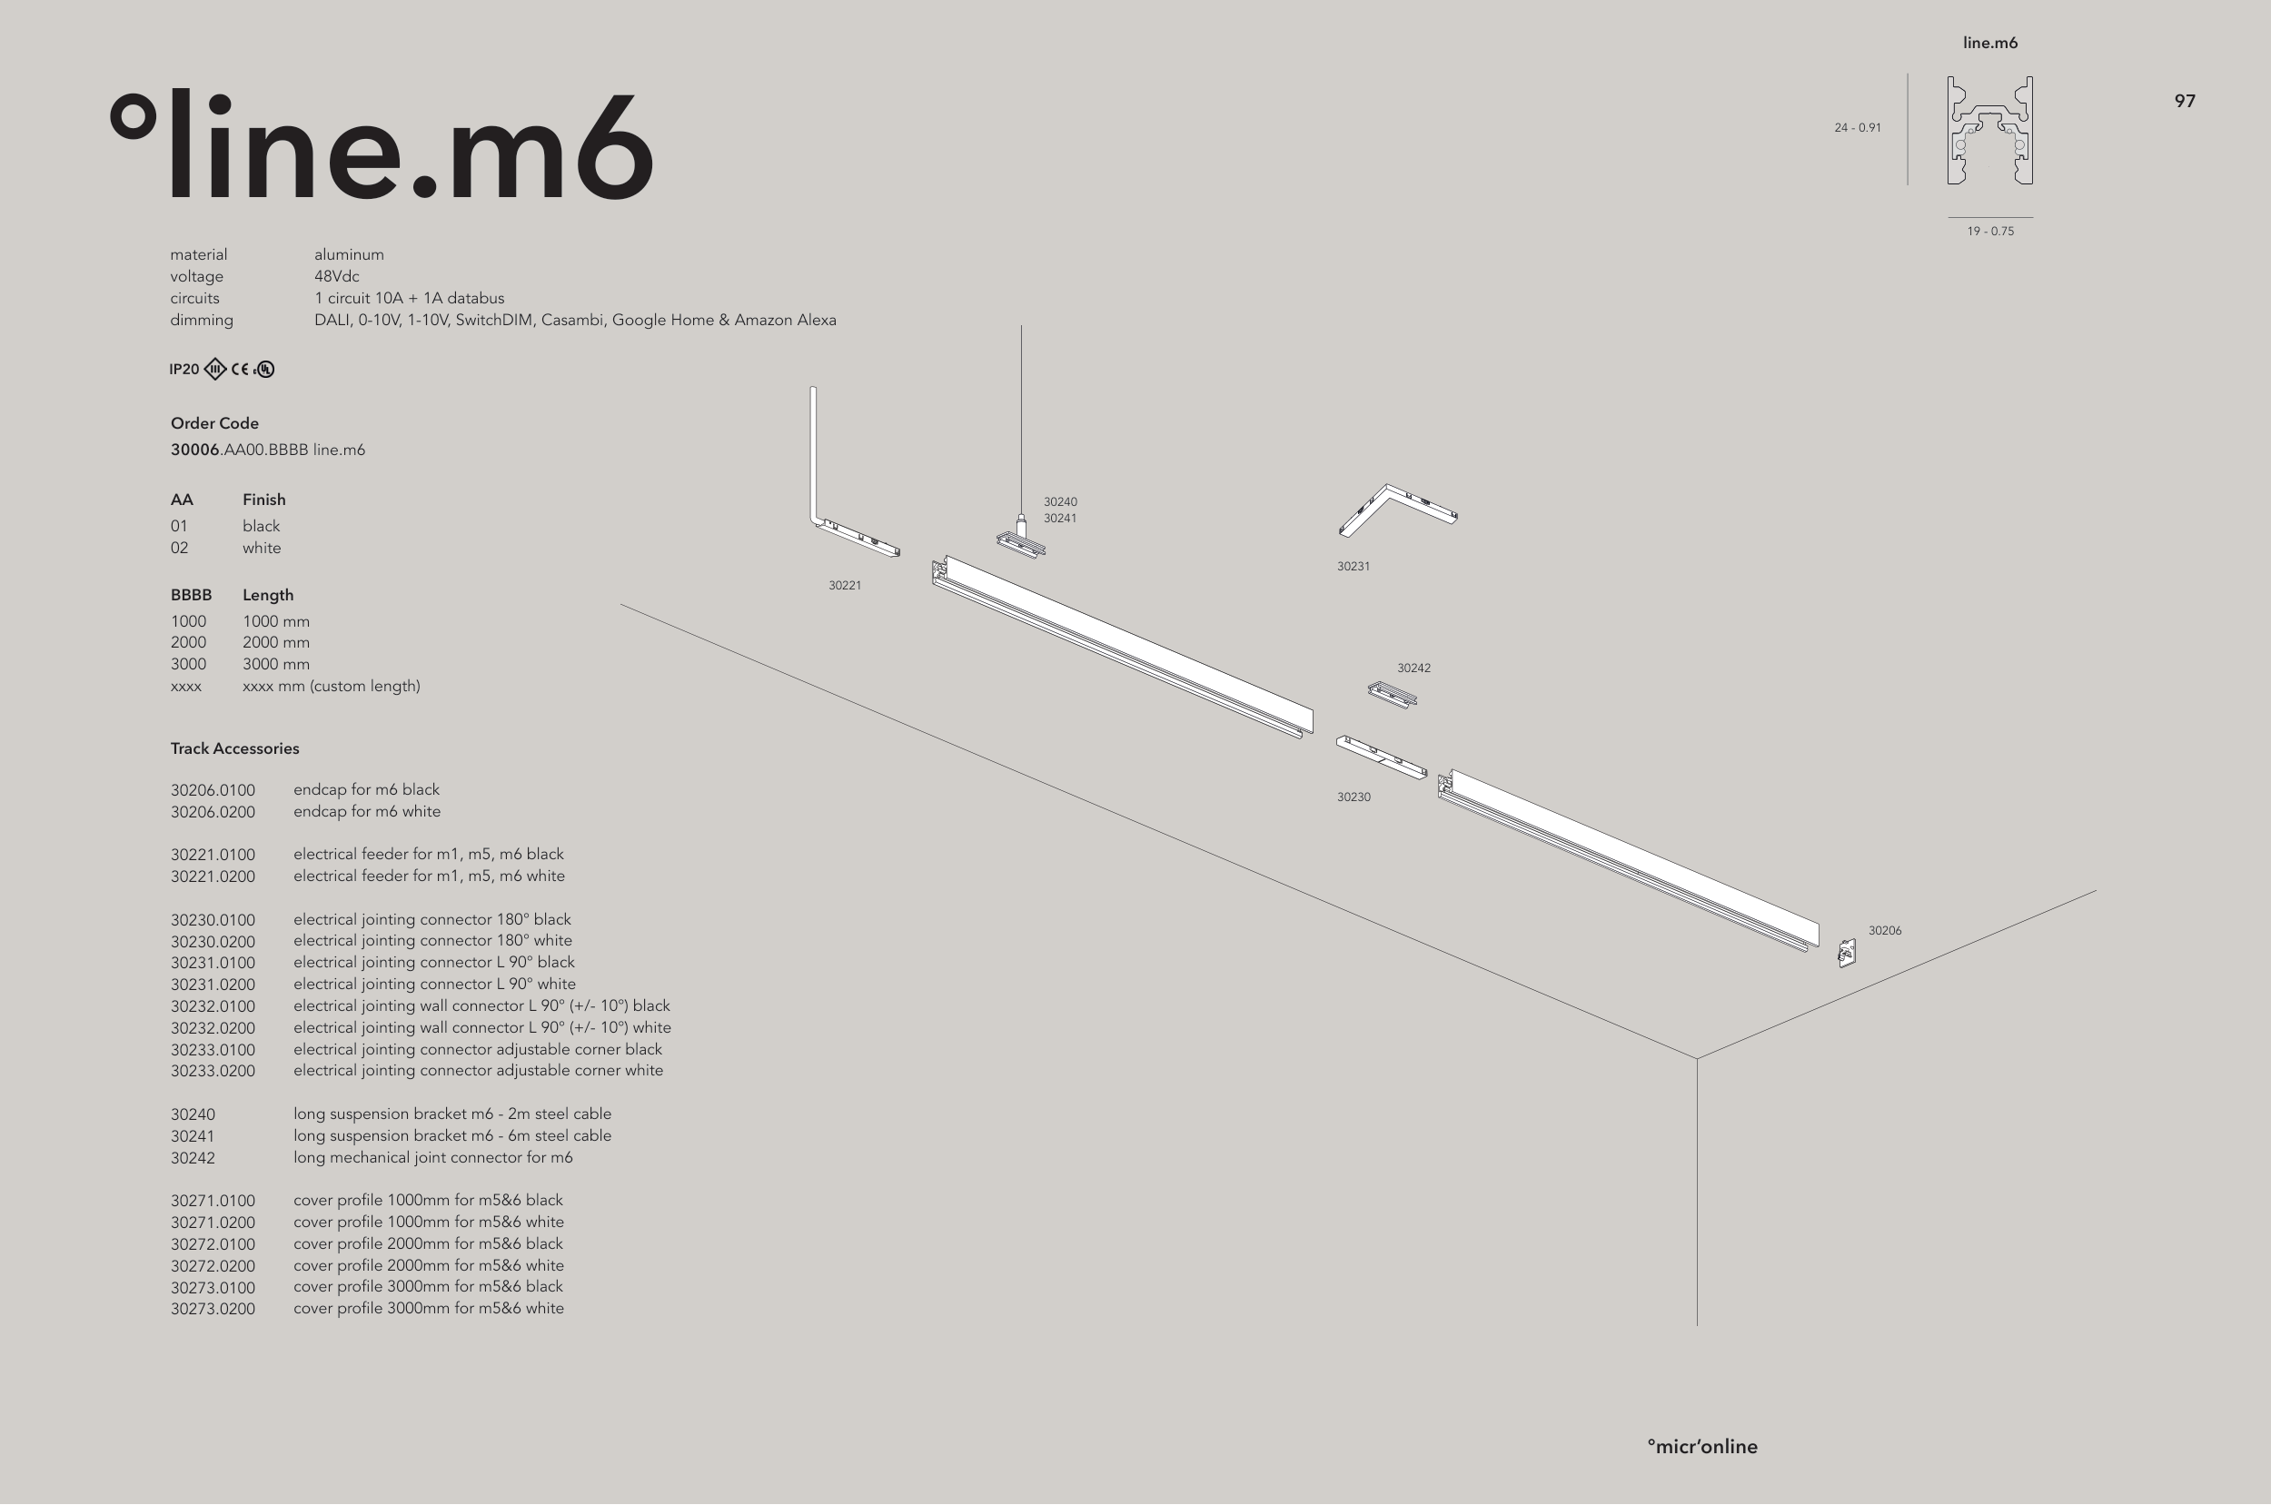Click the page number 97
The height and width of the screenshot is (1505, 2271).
click(x=2185, y=101)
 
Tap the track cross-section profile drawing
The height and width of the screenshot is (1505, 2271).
click(x=1989, y=131)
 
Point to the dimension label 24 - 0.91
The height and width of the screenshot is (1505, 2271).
click(x=1858, y=128)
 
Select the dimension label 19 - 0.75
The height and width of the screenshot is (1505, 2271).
click(x=1989, y=232)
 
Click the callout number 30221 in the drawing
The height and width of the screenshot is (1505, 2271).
click(x=845, y=586)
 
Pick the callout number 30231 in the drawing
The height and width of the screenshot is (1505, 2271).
click(x=1354, y=566)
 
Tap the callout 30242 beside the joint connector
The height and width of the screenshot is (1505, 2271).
click(x=1413, y=668)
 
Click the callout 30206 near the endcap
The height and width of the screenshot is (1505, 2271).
click(x=1884, y=930)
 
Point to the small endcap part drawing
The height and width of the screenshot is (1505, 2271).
click(x=1846, y=953)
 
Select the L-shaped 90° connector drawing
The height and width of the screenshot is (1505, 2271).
click(x=1397, y=509)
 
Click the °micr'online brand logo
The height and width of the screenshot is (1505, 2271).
click(x=1701, y=1447)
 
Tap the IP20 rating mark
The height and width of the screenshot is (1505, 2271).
click(x=184, y=370)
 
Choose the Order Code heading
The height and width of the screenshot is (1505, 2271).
click(x=214, y=423)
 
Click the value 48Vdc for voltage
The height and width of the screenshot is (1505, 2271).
click(x=336, y=276)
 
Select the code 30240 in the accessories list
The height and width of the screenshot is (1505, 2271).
click(x=193, y=1114)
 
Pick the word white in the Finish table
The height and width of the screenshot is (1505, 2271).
click(x=261, y=548)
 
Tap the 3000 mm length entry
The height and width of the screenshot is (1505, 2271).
click(x=275, y=664)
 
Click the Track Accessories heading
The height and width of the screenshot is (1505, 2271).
click(x=234, y=748)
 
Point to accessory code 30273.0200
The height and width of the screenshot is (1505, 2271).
click(x=213, y=1309)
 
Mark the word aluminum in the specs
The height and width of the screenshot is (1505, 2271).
click(x=349, y=254)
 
